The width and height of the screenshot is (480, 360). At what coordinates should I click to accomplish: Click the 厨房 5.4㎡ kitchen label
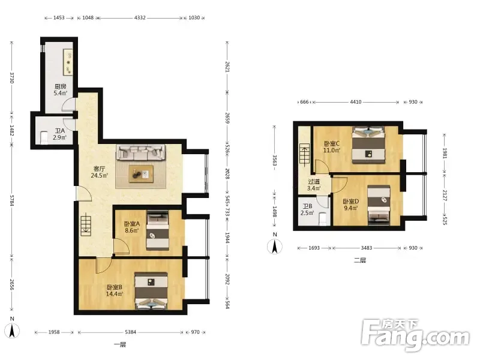[61, 89]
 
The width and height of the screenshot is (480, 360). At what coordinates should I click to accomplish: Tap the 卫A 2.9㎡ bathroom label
[59, 134]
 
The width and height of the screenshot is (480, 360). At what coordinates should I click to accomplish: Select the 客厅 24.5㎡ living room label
[99, 172]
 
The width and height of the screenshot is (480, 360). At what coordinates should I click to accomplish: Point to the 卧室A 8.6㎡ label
[132, 227]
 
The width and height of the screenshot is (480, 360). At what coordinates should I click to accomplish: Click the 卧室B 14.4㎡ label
[115, 290]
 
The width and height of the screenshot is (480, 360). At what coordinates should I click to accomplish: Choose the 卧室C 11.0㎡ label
[332, 146]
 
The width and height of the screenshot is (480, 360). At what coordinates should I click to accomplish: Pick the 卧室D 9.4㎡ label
[350, 205]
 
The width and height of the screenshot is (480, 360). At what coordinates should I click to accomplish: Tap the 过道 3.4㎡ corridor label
[314, 185]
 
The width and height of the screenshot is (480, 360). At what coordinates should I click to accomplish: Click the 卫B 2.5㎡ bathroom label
[307, 209]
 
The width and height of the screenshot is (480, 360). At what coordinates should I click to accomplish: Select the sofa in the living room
[141, 152]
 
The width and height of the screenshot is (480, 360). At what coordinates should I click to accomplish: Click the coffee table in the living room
[141, 174]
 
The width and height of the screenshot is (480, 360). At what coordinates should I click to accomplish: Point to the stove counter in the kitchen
[68, 62]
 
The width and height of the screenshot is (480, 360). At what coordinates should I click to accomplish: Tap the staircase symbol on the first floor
[86, 226]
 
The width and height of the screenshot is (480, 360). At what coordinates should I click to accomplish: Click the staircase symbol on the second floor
[304, 154]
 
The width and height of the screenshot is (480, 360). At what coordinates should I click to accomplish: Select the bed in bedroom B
[151, 290]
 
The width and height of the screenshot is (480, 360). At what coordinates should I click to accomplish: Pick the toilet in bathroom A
[44, 137]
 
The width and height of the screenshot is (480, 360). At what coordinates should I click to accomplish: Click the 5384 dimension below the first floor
[130, 332]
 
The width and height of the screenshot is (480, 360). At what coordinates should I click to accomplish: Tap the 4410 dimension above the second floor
[356, 102]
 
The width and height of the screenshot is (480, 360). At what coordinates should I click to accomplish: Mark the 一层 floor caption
[119, 344]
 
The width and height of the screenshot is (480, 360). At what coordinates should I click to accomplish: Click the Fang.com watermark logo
[415, 335]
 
